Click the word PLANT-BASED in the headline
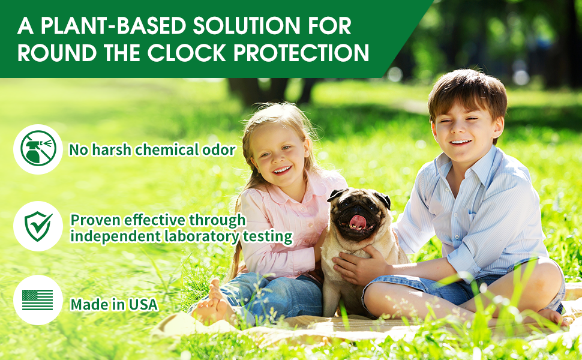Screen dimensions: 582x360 [112, 26]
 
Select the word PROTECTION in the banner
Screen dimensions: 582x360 [301, 52]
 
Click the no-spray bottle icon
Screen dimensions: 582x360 [38, 149]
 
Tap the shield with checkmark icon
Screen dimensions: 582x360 [38, 226]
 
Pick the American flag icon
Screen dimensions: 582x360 [37, 300]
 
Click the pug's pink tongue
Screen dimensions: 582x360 [358, 221]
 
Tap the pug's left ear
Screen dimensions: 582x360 [335, 194]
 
